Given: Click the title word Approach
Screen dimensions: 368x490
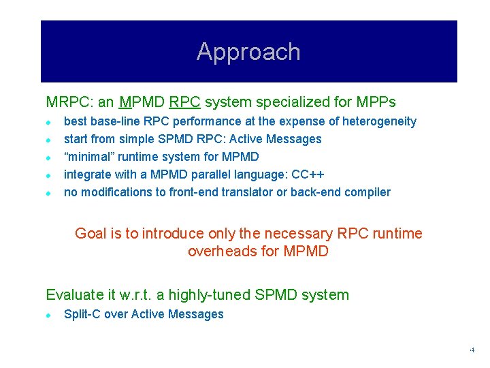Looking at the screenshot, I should pyautogui.click(x=248, y=52).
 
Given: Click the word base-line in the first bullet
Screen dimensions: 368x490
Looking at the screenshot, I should pyautogui.click(x=112, y=121).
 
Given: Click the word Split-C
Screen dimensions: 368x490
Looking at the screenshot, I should pyautogui.click(x=82, y=314).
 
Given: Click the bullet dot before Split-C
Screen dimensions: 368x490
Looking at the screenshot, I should pyautogui.click(x=49, y=315).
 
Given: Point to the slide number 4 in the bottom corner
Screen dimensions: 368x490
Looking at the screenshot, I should pyautogui.click(x=472, y=350).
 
